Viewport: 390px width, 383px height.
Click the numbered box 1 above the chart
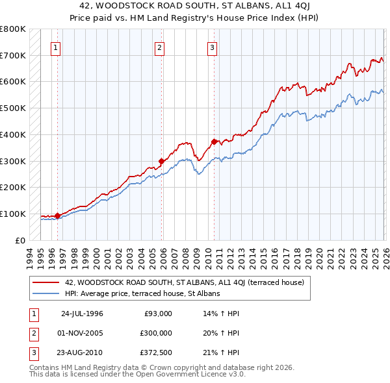(x=56, y=46)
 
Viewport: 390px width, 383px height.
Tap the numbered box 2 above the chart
(x=159, y=46)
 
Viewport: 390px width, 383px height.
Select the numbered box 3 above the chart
(x=212, y=46)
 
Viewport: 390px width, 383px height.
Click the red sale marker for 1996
(x=57, y=216)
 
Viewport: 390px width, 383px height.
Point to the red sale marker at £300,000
(x=162, y=161)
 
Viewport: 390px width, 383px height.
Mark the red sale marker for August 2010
(x=214, y=142)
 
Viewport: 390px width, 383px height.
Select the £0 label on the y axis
(x=19, y=240)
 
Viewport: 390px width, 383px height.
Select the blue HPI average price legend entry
(x=142, y=293)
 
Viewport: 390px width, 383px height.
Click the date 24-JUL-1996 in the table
(x=82, y=314)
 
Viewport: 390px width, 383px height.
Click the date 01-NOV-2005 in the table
(x=82, y=334)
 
